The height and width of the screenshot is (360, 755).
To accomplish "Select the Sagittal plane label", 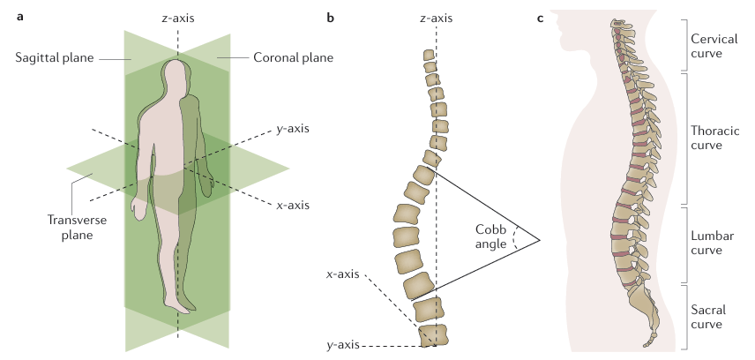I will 56,58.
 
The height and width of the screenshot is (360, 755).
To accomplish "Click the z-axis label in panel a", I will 177,18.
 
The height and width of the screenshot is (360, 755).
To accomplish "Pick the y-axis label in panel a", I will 293,129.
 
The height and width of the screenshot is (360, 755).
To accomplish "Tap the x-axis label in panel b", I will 341,274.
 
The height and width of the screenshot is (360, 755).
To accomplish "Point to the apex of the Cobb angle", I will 538,238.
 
